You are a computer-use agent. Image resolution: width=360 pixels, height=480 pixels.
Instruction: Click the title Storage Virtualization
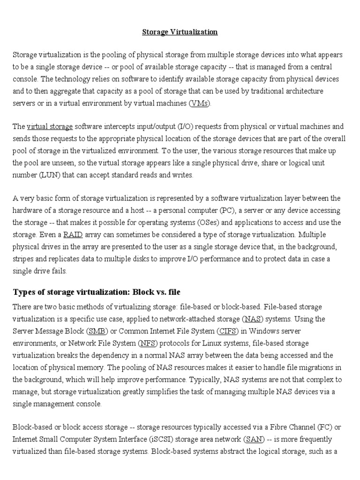[x=180, y=32]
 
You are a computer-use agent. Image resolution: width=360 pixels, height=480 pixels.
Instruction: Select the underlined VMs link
[x=200, y=103]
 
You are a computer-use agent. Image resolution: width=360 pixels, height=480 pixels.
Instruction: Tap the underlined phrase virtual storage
[x=50, y=127]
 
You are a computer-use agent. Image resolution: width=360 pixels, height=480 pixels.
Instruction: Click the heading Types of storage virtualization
[x=97, y=292]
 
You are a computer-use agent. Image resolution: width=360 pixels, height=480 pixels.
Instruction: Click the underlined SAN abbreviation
[x=251, y=440]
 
